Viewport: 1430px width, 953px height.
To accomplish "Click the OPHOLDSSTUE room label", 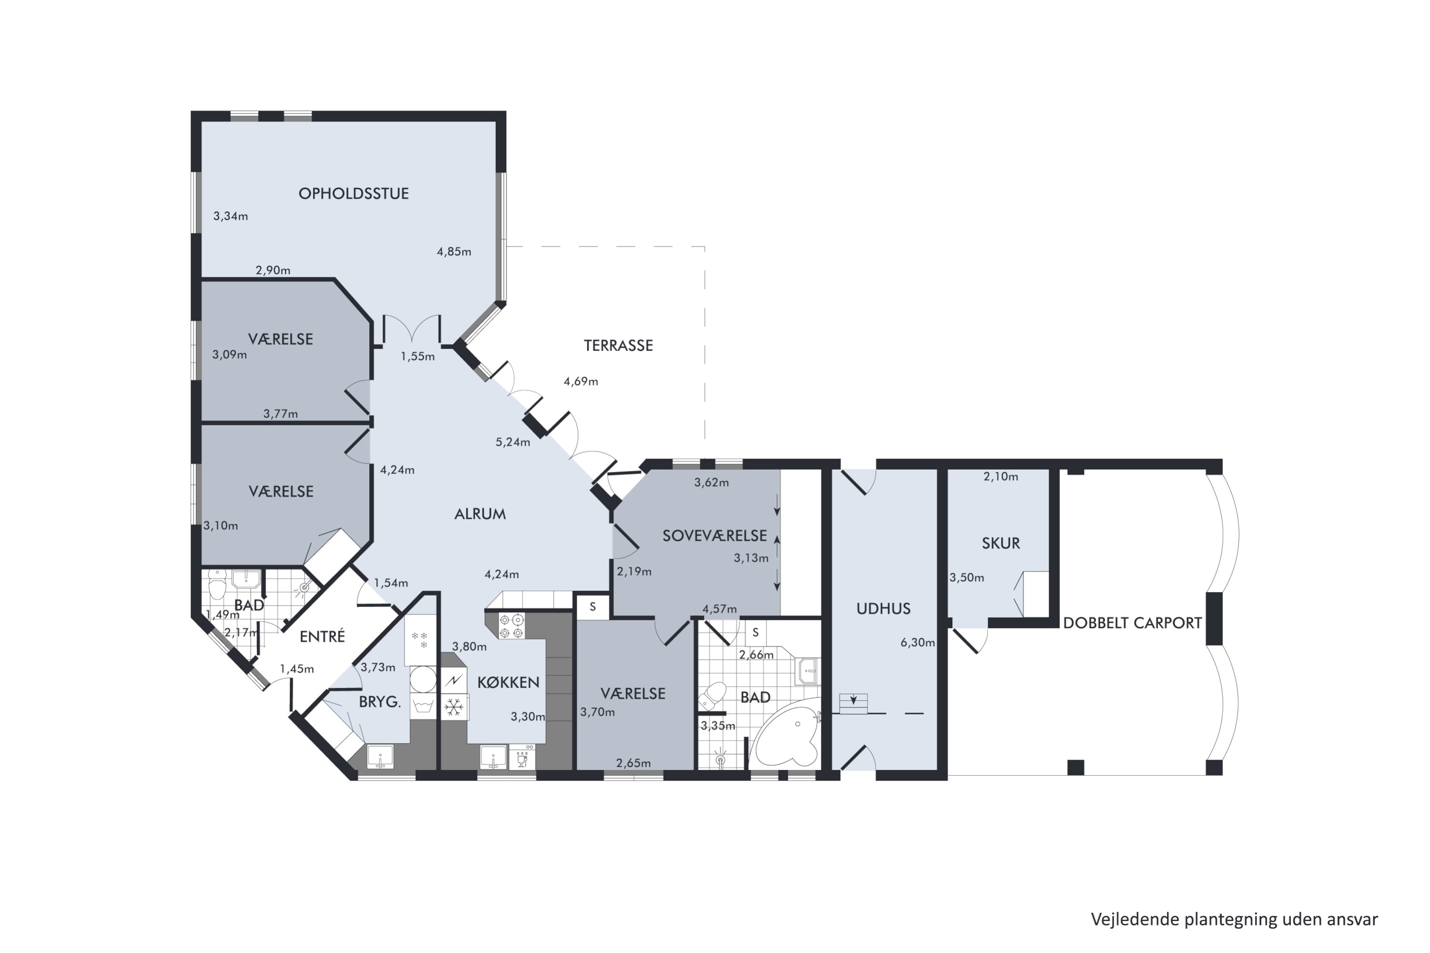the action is [x=353, y=193].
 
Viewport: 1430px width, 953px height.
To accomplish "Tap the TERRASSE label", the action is [x=618, y=345].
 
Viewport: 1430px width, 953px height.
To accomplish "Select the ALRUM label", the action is [x=480, y=514].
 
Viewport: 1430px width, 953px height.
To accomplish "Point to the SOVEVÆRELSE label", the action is [x=715, y=536].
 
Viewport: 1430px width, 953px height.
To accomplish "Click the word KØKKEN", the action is [x=508, y=682].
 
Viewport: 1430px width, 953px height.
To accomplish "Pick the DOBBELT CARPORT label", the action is [x=1132, y=622].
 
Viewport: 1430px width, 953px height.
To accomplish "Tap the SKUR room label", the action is [x=1001, y=543].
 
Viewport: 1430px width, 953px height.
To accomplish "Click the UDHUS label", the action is [x=883, y=608].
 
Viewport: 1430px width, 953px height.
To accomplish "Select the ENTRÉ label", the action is [x=322, y=636].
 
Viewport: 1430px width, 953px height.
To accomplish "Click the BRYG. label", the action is [x=379, y=702].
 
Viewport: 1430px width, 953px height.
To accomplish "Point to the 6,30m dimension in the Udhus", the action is [x=918, y=642].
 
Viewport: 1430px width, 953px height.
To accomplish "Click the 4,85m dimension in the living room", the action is [x=454, y=252].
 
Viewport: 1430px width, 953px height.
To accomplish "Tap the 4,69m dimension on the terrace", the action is [x=581, y=382].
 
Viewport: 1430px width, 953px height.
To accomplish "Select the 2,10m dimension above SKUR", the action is [x=1001, y=476].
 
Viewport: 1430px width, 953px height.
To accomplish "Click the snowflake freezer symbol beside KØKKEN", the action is [x=453, y=707].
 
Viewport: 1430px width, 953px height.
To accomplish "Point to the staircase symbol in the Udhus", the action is [x=854, y=703].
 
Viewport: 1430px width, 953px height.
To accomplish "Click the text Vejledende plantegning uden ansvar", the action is [x=1234, y=920].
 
